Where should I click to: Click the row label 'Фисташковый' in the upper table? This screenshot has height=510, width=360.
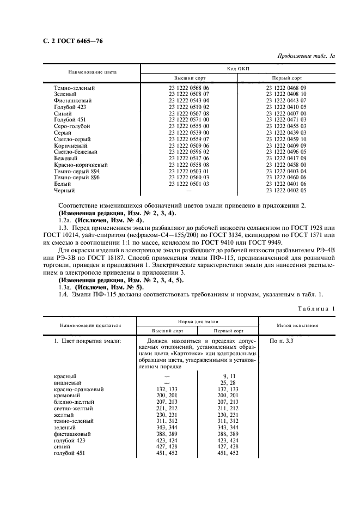72,101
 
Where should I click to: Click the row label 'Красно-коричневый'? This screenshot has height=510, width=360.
80,165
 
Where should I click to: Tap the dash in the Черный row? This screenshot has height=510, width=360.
188,191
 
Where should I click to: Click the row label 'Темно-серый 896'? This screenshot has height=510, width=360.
76,178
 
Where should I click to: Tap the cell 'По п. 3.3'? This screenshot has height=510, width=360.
282,341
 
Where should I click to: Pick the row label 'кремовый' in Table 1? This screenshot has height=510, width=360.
68,396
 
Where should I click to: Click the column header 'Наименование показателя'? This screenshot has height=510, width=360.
90,326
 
